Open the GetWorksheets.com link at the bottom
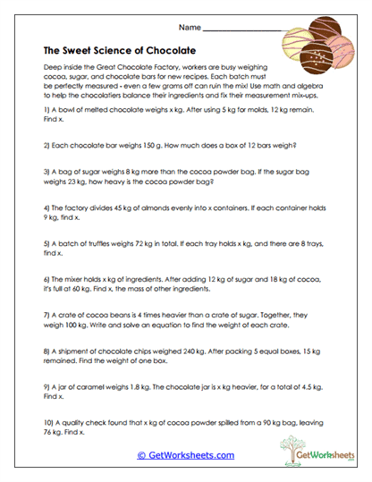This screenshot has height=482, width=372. [186, 455]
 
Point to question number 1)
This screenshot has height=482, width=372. [46, 106]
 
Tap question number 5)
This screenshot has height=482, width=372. [46, 241]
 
